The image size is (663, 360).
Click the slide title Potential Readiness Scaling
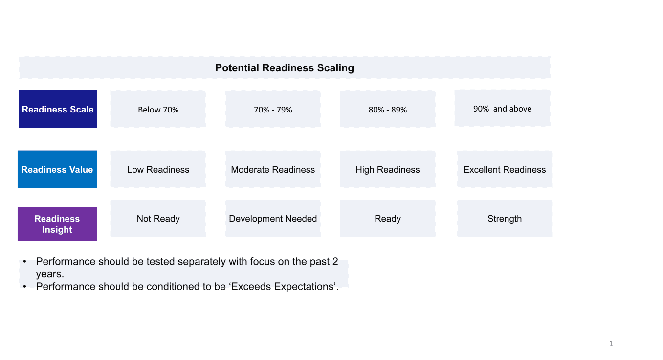pyautogui.click(x=285, y=68)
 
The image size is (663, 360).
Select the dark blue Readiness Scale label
pyautogui.click(x=58, y=109)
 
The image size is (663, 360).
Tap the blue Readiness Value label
pyautogui.click(x=57, y=169)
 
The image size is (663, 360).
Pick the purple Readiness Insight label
pyautogui.click(x=57, y=224)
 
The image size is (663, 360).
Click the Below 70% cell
pyautogui.click(x=158, y=109)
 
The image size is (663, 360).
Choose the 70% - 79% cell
pyautogui.click(x=273, y=109)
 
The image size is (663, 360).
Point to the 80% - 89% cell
pyautogui.click(x=388, y=109)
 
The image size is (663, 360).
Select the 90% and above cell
pyautogui.click(x=503, y=109)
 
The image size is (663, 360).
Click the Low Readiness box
pyautogui.click(x=158, y=169)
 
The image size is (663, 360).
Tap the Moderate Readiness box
pyautogui.click(x=273, y=169)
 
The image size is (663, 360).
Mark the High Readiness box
pyautogui.click(x=388, y=169)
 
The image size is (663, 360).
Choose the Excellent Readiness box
pyautogui.click(x=505, y=169)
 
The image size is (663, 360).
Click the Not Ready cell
pyautogui.click(x=158, y=219)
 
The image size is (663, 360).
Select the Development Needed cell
pyautogui.click(x=273, y=219)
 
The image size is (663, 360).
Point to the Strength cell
pyautogui.click(x=505, y=219)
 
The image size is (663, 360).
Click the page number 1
pyautogui.click(x=611, y=344)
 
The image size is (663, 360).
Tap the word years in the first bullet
pyautogui.click(x=50, y=274)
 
